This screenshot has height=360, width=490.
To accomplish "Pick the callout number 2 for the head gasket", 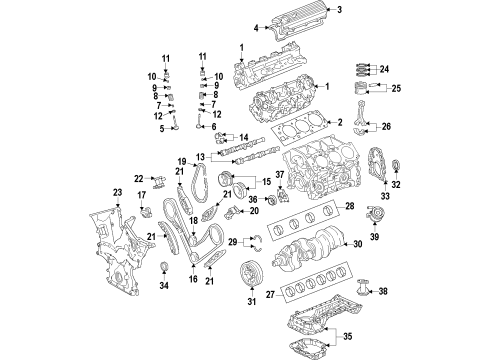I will tap(339, 122).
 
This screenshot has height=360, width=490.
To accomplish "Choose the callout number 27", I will tap(268, 296).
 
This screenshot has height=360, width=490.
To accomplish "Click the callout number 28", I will tap(350, 206).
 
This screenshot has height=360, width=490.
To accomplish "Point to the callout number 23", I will tap(117, 191).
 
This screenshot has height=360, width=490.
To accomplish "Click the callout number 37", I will tap(281, 175).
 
